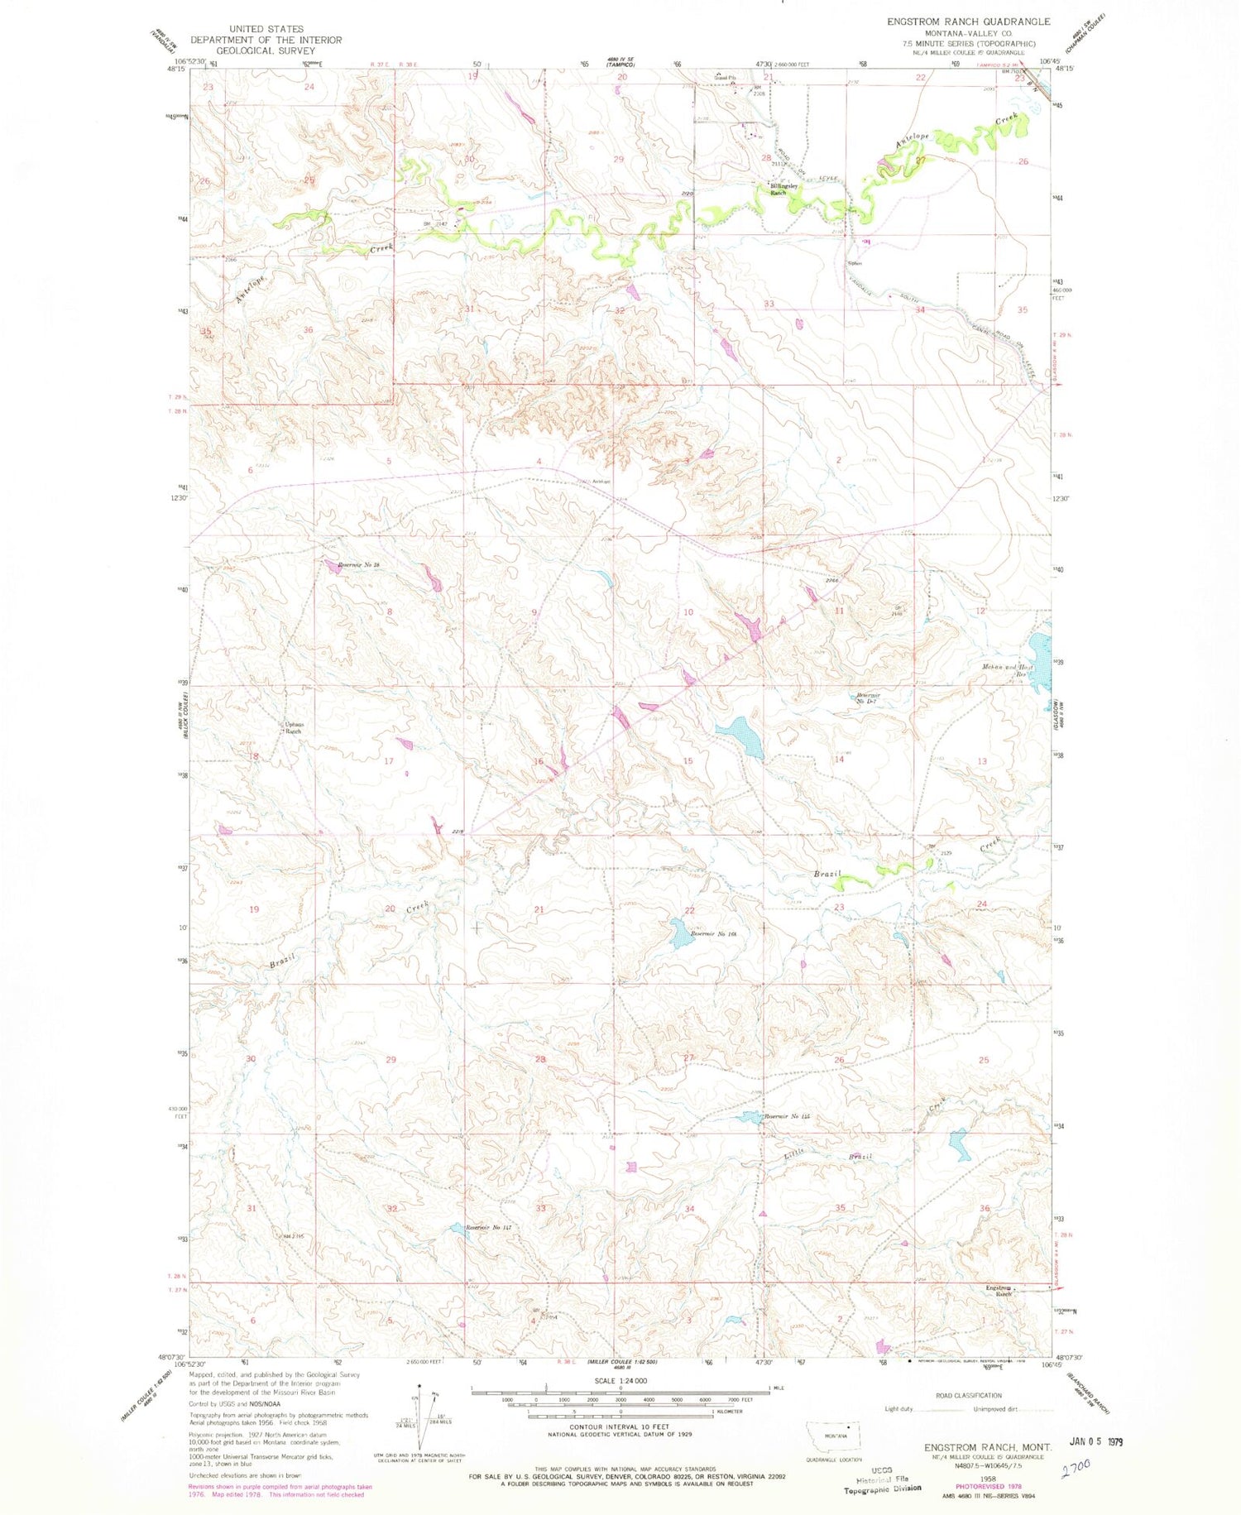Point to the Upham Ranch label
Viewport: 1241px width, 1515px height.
coord(294,728)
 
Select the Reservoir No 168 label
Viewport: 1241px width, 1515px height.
coord(713,933)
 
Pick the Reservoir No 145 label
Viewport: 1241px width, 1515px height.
coord(786,1117)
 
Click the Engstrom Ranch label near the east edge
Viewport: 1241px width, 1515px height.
coord(999,1291)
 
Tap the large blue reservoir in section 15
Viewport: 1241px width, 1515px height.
coord(741,736)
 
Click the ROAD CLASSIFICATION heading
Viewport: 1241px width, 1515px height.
coord(969,1396)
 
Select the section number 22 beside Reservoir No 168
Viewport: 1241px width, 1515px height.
coord(688,910)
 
